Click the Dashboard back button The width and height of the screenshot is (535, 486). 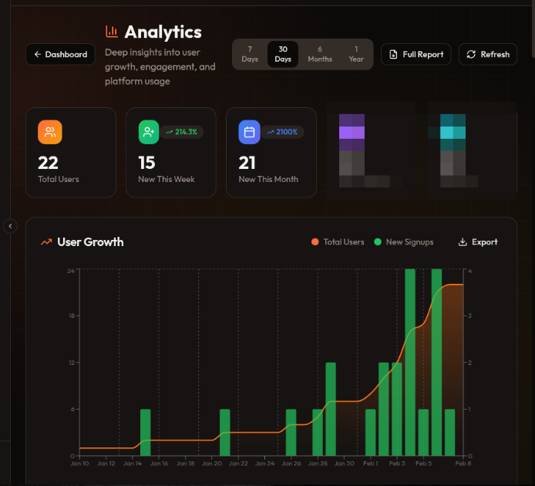pos(61,55)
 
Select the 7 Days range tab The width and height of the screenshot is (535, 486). pos(250,54)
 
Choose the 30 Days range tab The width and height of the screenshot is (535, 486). pos(283,54)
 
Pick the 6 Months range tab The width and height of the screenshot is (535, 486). pos(320,54)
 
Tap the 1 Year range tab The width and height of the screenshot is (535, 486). pos(356,54)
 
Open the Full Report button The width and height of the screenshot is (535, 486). pos(416,55)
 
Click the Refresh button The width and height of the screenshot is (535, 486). pos(488,55)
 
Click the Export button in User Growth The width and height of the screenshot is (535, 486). pos(478,242)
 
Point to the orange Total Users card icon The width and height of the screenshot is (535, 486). pos(50,132)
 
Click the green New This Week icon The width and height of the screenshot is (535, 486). pos(149,132)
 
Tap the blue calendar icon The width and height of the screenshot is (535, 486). pos(249,132)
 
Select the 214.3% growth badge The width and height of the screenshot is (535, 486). pos(182,132)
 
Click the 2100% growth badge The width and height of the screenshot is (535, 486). pos(282,132)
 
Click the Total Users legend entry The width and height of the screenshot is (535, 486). pos(338,242)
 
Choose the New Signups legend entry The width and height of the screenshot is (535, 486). pos(404,242)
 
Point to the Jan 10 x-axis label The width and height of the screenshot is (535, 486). pos(79,464)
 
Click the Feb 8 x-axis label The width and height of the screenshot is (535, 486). pos(463,464)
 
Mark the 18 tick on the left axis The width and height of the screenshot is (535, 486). pos(71,316)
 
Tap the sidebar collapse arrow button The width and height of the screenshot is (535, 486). pos(10,226)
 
